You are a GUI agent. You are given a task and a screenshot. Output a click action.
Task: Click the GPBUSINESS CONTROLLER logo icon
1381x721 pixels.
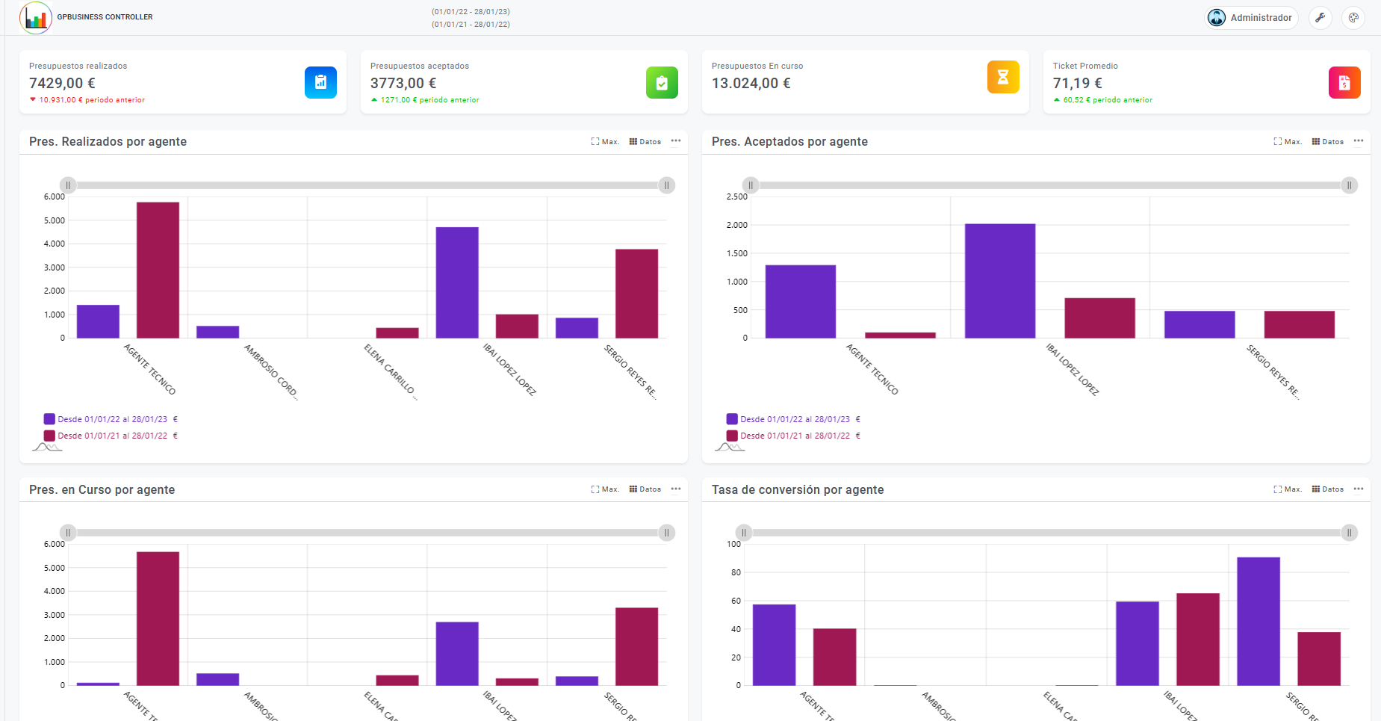(36, 18)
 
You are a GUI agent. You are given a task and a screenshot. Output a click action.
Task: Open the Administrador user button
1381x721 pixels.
(1252, 18)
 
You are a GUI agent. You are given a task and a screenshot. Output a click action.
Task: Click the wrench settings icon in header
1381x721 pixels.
(1321, 18)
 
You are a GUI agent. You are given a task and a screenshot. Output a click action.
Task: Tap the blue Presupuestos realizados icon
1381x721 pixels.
(320, 82)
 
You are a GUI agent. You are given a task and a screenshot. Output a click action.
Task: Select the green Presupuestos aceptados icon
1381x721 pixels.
(662, 82)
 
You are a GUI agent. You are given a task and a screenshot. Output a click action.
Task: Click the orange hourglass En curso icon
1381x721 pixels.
(1003, 77)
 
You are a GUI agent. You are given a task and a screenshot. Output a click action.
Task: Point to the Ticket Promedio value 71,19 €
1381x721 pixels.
(1077, 83)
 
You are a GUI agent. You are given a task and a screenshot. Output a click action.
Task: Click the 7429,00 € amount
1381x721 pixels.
(62, 83)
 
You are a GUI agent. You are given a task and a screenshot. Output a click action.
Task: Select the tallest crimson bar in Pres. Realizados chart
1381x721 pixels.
(158, 270)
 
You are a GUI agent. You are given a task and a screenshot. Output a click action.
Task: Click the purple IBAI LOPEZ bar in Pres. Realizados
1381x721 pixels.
(457, 282)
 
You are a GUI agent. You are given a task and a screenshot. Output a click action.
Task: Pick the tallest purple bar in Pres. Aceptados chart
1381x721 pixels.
(1000, 281)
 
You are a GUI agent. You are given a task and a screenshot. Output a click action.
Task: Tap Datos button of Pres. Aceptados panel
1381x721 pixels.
(1327, 141)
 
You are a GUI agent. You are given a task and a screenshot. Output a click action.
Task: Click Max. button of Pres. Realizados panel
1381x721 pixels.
(605, 141)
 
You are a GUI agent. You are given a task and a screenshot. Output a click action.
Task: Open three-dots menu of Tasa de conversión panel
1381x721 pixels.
(1358, 489)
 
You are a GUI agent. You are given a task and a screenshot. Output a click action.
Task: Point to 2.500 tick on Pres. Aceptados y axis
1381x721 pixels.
(736, 197)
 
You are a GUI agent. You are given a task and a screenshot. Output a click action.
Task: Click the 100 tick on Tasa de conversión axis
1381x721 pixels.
(733, 544)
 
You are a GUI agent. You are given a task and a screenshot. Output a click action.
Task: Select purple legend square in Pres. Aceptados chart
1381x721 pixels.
(732, 419)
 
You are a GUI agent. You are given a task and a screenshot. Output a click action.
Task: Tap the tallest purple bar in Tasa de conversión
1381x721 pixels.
(1259, 621)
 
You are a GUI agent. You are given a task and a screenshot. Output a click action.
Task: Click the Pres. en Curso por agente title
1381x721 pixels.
(102, 489)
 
